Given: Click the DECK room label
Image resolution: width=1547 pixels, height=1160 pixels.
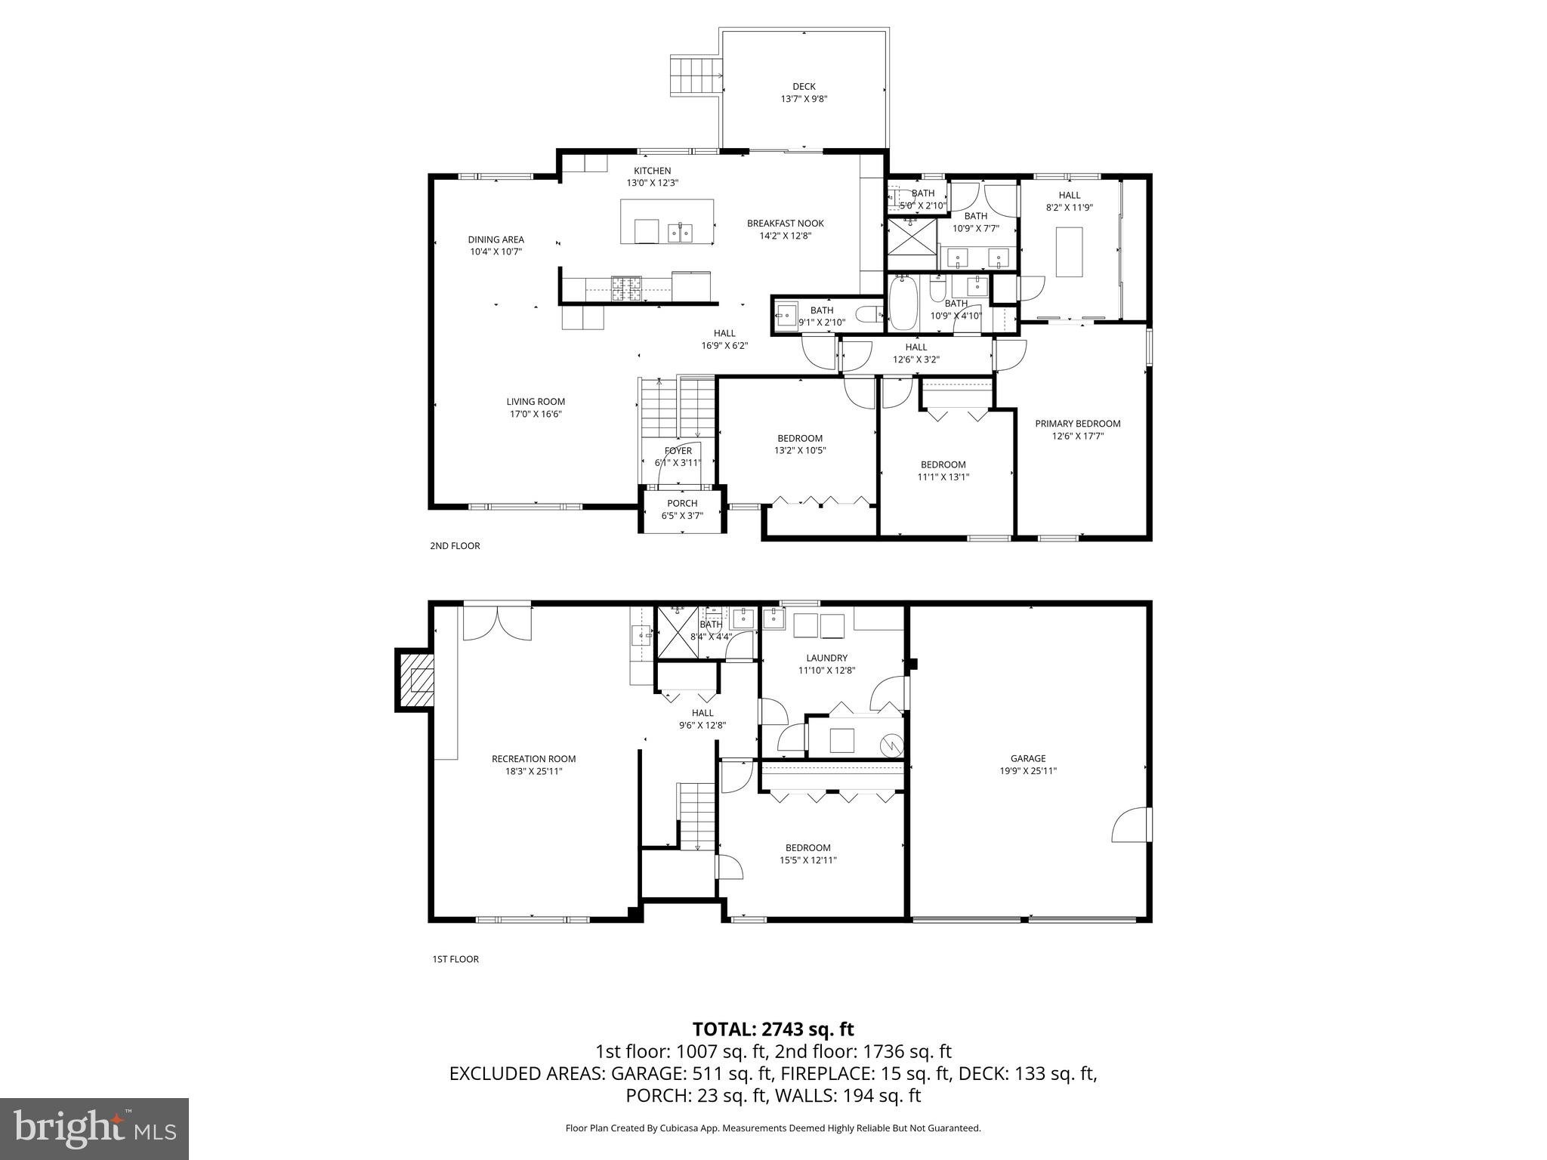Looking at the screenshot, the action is click(804, 86).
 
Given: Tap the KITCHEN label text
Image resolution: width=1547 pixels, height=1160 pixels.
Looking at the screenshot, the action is click(652, 171).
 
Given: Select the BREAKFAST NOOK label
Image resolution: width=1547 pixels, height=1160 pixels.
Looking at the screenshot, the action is click(785, 224).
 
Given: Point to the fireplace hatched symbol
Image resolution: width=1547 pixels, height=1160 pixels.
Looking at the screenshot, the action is click(416, 680).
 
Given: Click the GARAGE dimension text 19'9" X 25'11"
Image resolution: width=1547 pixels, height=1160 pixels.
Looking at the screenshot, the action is click(1028, 771).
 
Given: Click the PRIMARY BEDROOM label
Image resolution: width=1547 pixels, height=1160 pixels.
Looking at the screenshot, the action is click(1077, 424).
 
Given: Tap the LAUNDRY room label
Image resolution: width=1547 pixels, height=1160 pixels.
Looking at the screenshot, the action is click(826, 658).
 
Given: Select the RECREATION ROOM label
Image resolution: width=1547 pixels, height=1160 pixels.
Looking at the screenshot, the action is click(533, 759).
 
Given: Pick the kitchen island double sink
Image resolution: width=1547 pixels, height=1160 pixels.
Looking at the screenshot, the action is click(681, 233).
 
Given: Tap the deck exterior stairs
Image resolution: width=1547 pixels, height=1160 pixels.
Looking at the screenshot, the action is click(693, 76).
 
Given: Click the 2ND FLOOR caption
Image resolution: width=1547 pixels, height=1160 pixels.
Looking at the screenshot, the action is click(455, 546).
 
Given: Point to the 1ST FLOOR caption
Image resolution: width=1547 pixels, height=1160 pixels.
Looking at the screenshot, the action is click(455, 959).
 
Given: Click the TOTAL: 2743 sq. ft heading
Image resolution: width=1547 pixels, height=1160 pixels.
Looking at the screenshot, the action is click(773, 1029).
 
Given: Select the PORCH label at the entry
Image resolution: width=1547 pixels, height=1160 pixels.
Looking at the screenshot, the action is click(682, 504).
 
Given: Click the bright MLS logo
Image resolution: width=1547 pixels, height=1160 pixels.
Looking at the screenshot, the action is click(94, 1129).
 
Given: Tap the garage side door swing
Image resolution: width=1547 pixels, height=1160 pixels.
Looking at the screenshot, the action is click(1132, 825).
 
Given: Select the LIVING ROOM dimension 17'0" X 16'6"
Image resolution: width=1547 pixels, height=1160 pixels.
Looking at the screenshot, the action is click(535, 414).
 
